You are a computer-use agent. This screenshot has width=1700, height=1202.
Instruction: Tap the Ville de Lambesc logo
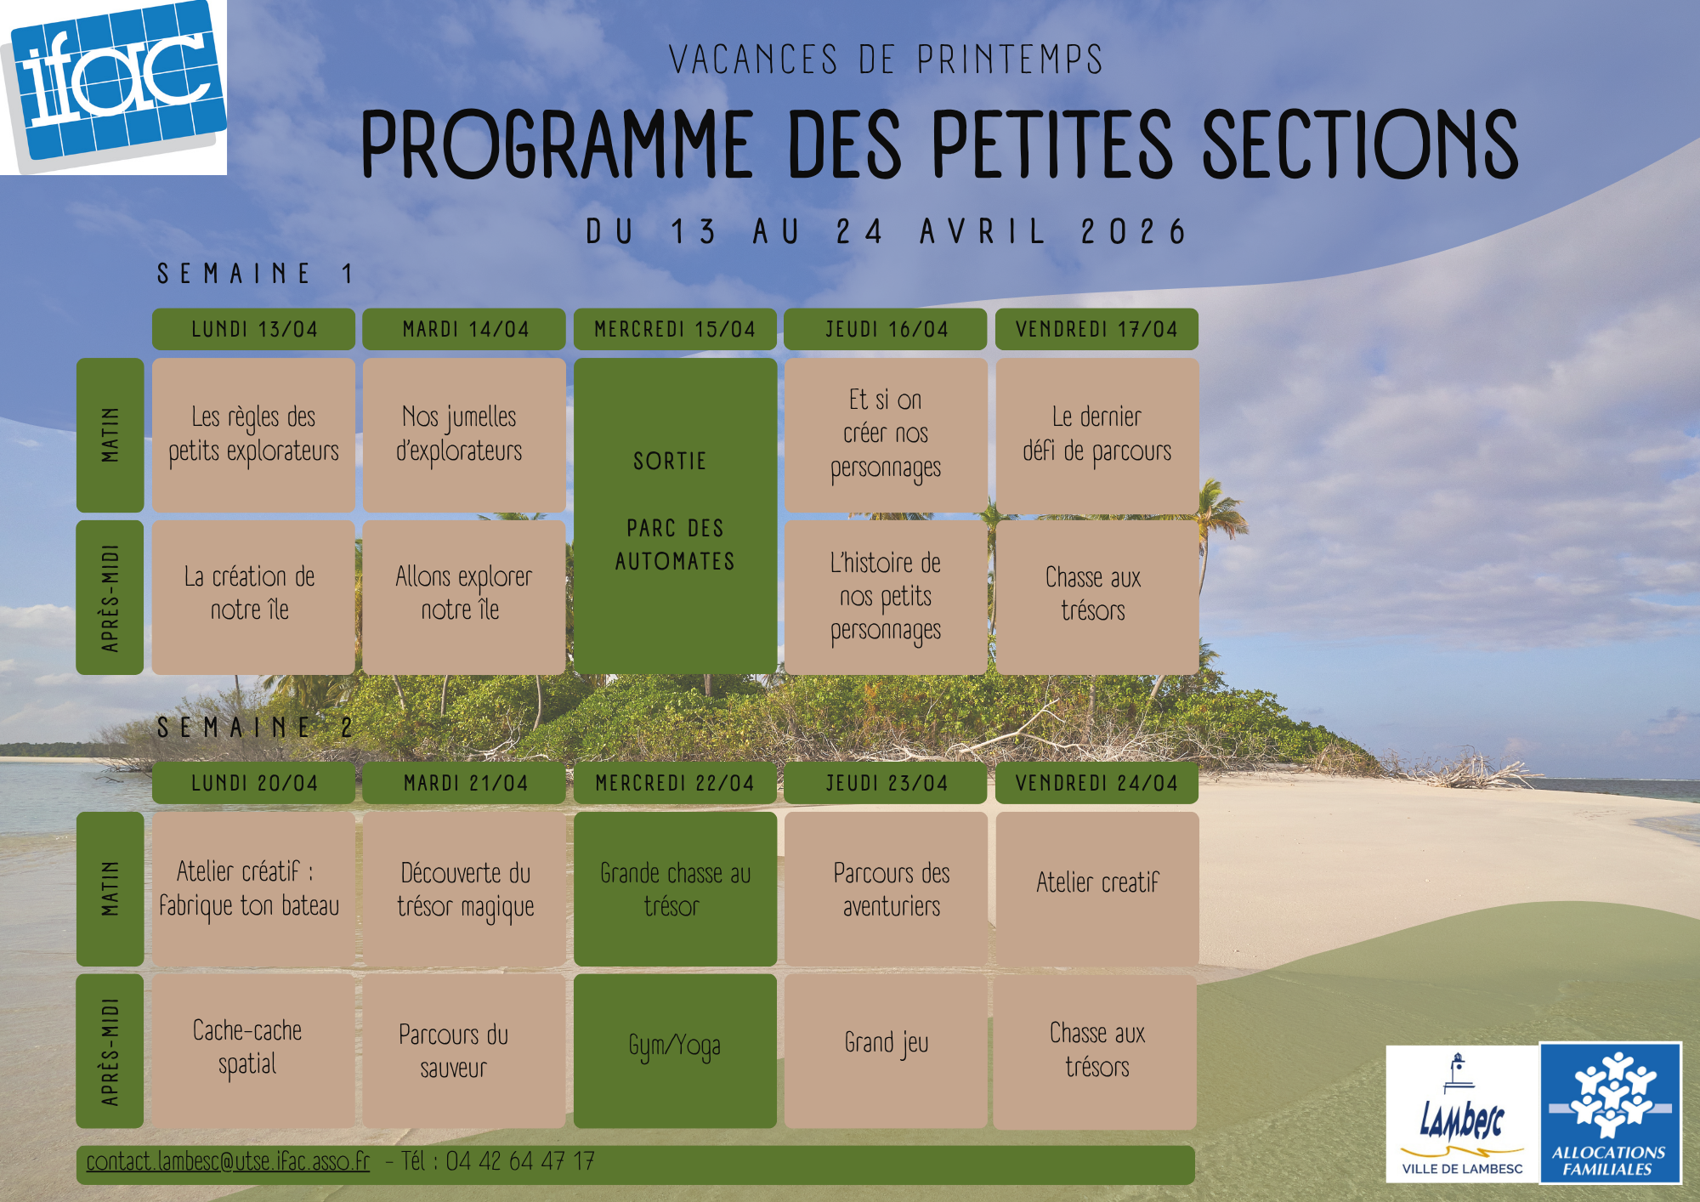click(x=1462, y=1114)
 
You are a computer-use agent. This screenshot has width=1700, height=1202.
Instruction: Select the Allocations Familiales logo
click(x=1610, y=1114)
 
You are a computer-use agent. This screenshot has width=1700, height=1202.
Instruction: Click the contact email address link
click(x=228, y=1161)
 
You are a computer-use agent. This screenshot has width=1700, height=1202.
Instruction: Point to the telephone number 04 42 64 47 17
click(x=520, y=1161)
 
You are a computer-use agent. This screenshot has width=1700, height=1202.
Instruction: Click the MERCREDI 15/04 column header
click(x=675, y=329)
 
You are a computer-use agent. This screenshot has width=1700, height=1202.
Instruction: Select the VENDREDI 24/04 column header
click(x=1096, y=783)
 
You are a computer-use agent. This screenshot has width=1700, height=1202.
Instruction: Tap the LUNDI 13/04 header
click(x=253, y=329)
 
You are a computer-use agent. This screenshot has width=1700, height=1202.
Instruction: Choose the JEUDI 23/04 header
click(x=886, y=783)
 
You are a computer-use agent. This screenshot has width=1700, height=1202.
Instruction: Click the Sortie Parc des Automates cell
click(x=675, y=516)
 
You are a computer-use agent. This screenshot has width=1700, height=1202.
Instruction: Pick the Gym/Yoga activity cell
click(x=675, y=1052)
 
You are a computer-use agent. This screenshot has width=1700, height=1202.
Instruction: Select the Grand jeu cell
click(x=886, y=1052)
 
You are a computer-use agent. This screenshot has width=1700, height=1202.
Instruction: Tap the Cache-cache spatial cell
click(x=253, y=1052)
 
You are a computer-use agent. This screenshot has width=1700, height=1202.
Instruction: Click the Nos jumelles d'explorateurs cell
click(x=464, y=434)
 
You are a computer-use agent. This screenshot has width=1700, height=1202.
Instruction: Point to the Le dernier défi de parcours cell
click(x=1096, y=434)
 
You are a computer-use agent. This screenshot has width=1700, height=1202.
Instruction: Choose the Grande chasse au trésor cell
click(x=675, y=888)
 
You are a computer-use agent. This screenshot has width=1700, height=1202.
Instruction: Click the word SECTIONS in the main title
click(x=1360, y=145)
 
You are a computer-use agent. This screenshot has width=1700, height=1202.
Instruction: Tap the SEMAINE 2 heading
click(x=254, y=728)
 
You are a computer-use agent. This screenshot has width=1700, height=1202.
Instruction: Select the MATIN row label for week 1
click(x=110, y=434)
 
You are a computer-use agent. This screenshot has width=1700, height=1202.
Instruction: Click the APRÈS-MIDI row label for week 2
click(x=110, y=1052)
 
